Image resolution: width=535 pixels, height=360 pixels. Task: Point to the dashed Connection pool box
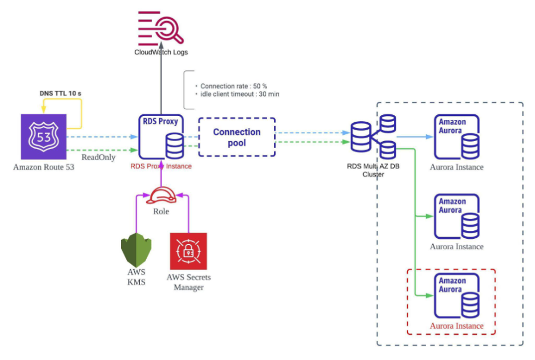(237, 137)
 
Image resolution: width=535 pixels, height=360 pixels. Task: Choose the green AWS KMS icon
(136, 250)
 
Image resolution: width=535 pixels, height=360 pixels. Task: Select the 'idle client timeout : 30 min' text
(236, 94)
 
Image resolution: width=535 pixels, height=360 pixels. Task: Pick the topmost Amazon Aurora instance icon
(456, 137)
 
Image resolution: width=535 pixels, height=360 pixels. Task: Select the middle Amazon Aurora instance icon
(456, 217)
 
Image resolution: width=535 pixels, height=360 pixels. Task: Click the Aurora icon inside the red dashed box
(456, 296)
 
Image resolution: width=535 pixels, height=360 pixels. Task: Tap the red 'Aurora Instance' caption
(456, 326)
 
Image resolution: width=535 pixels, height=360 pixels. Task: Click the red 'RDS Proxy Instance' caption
(161, 166)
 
